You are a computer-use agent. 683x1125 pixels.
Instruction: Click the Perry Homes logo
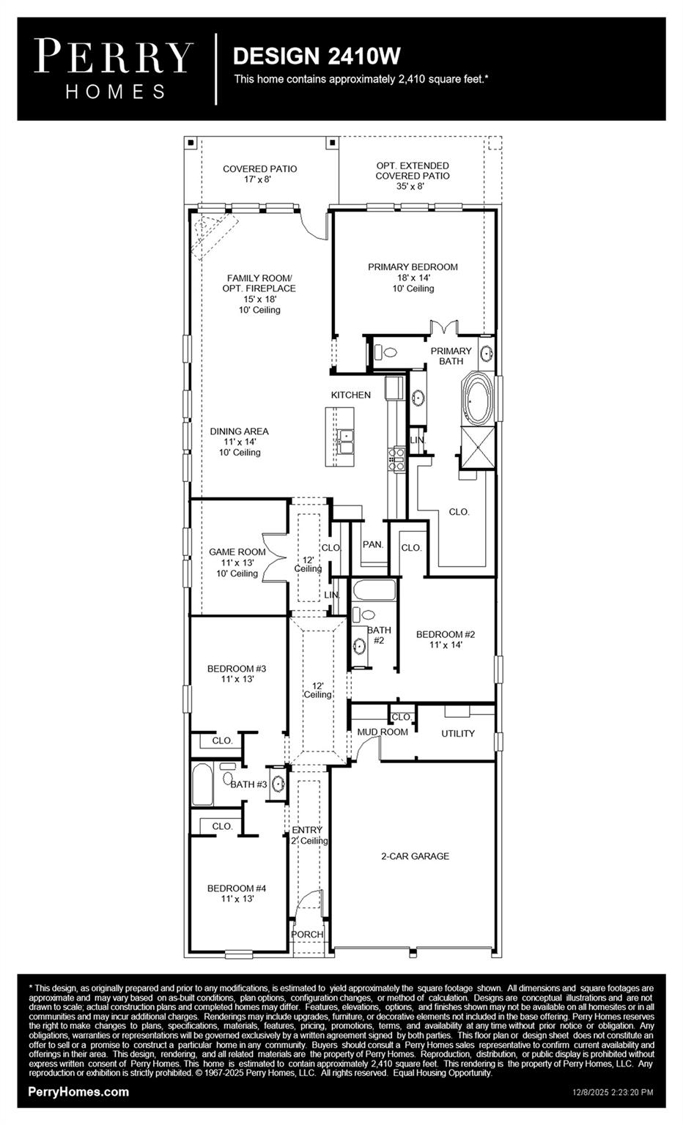point(114,69)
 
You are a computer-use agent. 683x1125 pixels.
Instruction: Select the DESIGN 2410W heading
point(317,56)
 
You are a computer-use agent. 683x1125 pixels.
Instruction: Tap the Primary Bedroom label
point(413,277)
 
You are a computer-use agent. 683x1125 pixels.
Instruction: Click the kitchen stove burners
point(396,459)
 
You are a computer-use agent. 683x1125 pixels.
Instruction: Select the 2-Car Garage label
point(415,856)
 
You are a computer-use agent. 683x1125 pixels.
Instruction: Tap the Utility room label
point(458,733)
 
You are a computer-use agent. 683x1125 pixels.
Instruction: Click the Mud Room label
point(383,732)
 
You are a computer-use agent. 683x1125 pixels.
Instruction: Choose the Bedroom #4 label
point(237,893)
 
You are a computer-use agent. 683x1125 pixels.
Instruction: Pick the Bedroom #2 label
point(446,639)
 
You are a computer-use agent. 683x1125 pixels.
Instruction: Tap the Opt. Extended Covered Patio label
point(413,176)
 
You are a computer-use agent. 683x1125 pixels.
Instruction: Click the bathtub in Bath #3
point(202,785)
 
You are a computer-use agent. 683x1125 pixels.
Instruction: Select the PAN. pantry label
point(373,545)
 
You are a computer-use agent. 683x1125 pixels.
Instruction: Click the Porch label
point(307,935)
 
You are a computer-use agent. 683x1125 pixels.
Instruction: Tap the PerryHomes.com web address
point(78,1091)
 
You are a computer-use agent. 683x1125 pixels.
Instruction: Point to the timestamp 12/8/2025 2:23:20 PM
point(613,1092)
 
